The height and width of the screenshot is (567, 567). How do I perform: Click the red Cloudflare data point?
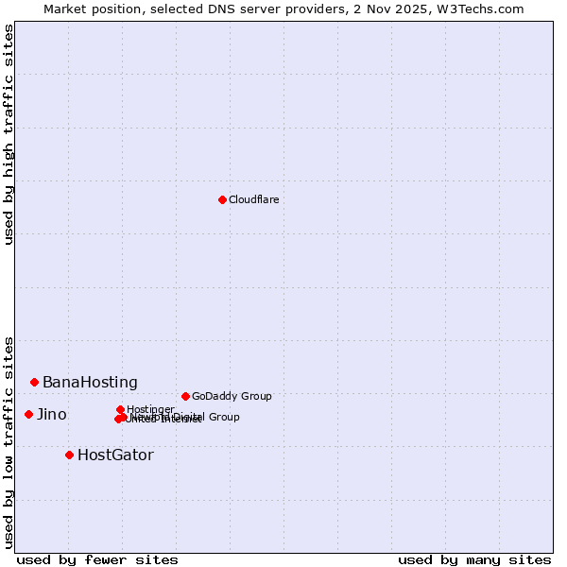(x=222, y=199)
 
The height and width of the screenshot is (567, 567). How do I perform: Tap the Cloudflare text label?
(x=253, y=199)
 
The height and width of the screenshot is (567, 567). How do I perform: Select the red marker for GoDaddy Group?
(x=185, y=396)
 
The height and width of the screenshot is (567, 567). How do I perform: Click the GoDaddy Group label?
(x=231, y=396)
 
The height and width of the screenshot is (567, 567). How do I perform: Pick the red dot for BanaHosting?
(x=34, y=382)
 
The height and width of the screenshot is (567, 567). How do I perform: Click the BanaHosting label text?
(x=90, y=383)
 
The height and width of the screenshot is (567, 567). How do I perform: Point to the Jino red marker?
(x=28, y=414)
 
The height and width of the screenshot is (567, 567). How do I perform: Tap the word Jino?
(x=51, y=415)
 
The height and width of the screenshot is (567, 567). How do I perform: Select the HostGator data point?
(x=69, y=455)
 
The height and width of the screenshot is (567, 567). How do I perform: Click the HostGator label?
(x=115, y=455)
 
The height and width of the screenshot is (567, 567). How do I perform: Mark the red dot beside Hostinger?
(x=120, y=409)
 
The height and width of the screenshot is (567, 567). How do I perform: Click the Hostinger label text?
(x=150, y=409)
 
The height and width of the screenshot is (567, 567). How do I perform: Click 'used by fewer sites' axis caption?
(x=97, y=559)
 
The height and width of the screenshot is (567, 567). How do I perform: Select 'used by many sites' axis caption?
(x=474, y=559)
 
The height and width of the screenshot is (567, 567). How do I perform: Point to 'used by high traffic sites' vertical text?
(x=9, y=134)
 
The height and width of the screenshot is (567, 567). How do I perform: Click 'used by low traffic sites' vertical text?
(x=9, y=441)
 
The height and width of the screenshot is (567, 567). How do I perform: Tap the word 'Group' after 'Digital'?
(x=223, y=417)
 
